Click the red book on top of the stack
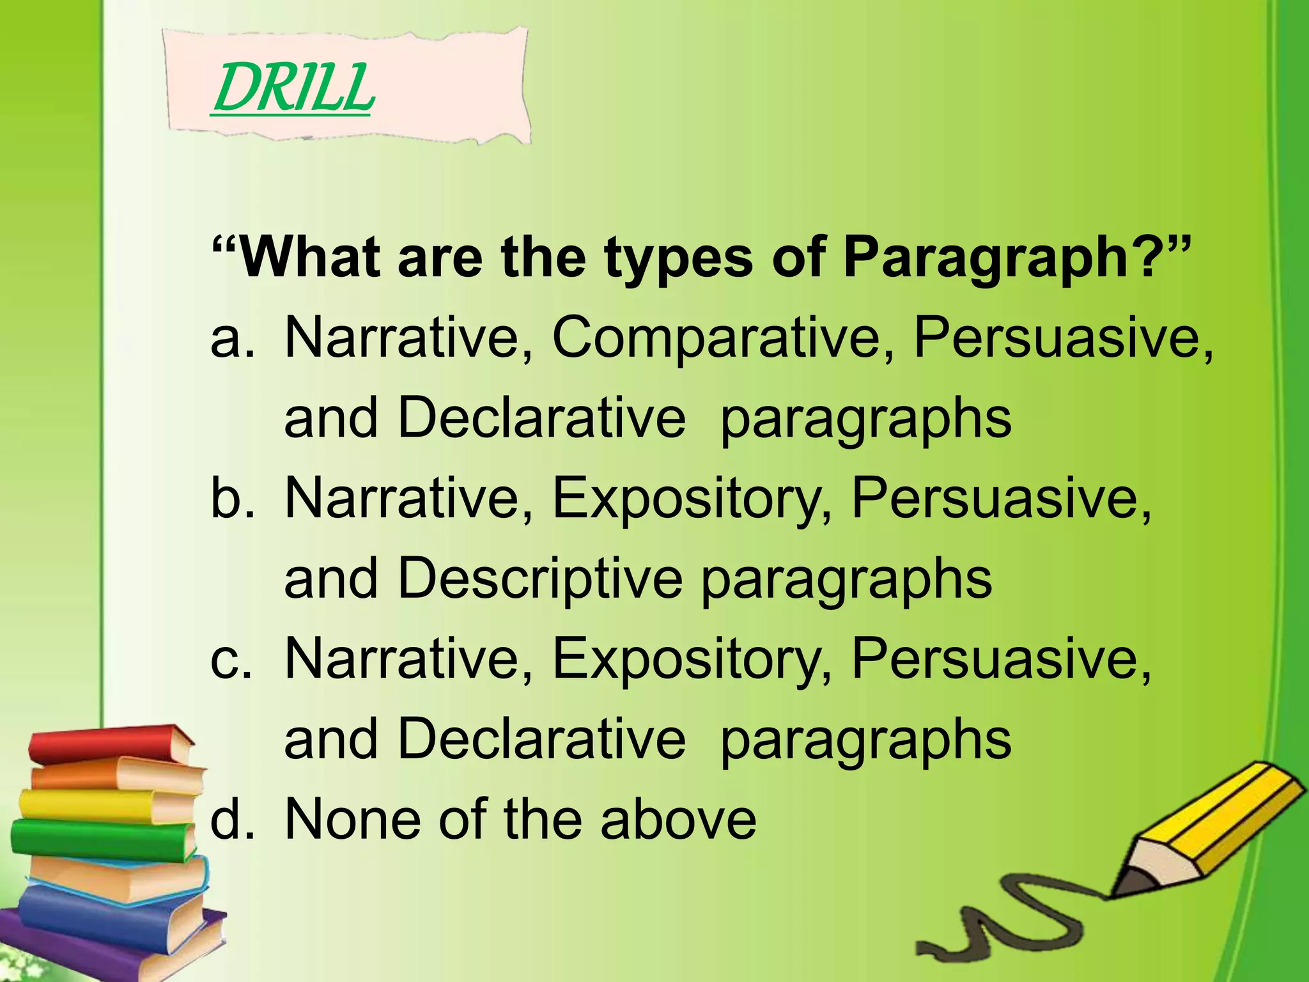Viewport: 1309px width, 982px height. (109, 745)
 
